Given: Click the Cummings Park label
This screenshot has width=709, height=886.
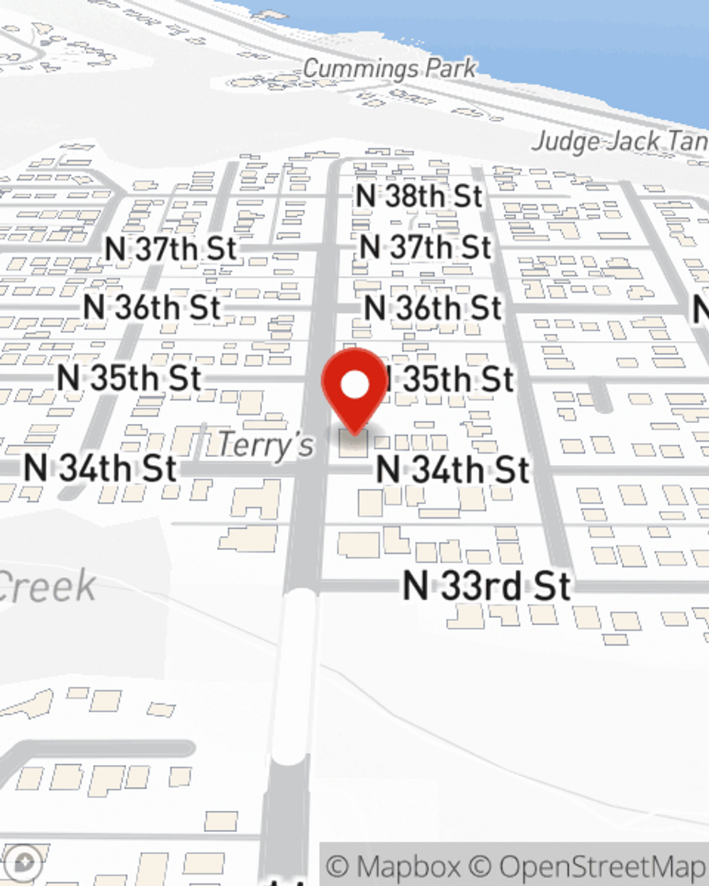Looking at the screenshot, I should click(x=390, y=69).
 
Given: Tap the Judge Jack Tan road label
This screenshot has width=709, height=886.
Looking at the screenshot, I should click(x=620, y=142).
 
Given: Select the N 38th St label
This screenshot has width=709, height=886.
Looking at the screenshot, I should click(x=419, y=196).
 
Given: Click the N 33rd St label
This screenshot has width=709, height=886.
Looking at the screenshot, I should click(x=486, y=586).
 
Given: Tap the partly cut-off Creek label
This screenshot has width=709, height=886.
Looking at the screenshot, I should click(x=47, y=586).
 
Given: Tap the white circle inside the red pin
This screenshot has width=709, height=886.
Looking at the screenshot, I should click(x=355, y=385).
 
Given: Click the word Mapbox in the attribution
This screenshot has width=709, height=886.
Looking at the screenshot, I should click(x=407, y=866).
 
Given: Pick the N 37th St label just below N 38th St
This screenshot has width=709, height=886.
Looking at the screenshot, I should click(x=425, y=247).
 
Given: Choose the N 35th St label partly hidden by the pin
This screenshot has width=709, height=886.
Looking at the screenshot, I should click(x=451, y=379).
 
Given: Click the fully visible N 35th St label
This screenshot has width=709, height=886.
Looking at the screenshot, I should click(x=129, y=378).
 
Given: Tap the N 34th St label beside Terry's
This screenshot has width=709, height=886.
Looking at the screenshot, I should click(x=99, y=469).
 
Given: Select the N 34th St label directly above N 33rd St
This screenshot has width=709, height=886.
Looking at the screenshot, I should click(x=452, y=470).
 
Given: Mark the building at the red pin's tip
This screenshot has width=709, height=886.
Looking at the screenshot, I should click(x=353, y=444).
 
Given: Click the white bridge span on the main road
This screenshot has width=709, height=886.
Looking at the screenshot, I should click(x=292, y=677).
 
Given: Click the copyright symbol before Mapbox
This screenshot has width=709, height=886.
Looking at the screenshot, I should click(x=338, y=866).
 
